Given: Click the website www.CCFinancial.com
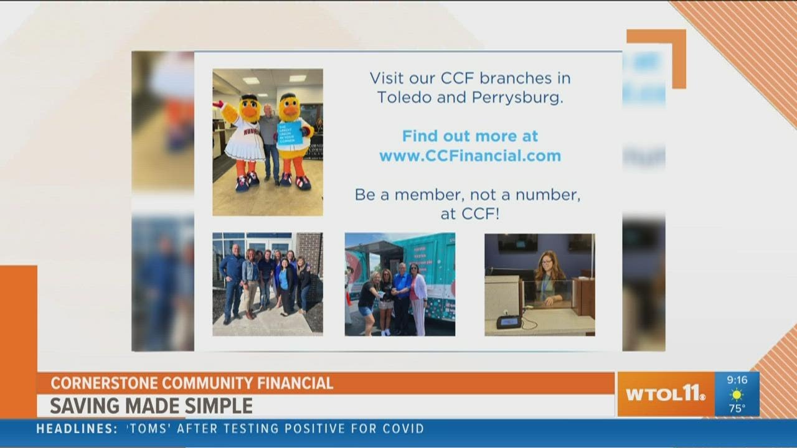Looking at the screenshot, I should [470, 156].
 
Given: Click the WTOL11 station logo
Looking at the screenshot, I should [665, 394].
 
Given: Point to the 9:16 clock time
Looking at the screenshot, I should [737, 380].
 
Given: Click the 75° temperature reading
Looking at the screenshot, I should [737, 408].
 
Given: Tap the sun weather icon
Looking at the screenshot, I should [737, 394].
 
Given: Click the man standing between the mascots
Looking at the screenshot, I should [270, 140].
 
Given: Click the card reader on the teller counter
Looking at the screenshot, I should [508, 322].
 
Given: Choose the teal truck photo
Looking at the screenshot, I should [400, 284].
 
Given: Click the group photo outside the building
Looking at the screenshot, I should [268, 284].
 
